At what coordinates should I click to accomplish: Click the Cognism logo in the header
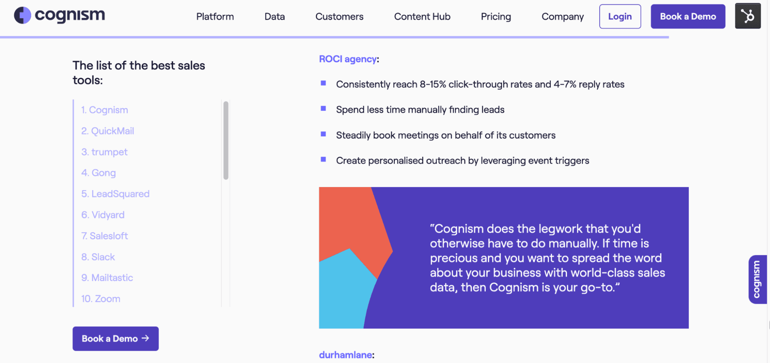60,15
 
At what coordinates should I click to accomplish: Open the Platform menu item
215,17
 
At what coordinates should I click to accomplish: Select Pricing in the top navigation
496,17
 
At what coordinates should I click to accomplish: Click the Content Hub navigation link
422,17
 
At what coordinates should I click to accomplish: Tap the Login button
620,17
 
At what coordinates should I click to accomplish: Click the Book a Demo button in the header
688,17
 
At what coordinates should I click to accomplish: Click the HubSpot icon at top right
748,16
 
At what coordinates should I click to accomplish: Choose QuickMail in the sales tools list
108,131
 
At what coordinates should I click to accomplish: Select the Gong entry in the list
99,173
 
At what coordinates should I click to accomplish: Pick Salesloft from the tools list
105,236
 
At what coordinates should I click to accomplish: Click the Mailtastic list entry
107,278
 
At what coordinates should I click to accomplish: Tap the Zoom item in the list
101,299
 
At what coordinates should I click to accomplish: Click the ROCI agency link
348,59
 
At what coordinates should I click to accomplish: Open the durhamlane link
346,355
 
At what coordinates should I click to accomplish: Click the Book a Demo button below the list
116,338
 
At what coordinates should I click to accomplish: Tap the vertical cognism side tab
757,279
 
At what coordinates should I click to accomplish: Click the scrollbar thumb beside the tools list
226,140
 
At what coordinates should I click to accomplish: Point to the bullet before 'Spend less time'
324,109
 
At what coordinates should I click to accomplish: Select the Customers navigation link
339,17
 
